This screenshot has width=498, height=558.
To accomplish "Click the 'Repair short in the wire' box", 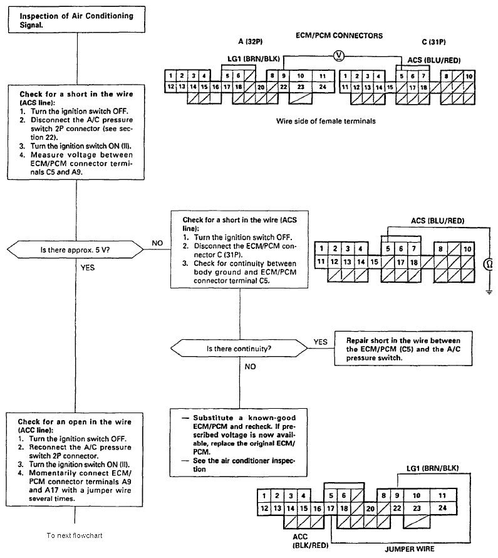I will [x=403, y=349].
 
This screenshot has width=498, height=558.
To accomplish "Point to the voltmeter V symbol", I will [x=339, y=55].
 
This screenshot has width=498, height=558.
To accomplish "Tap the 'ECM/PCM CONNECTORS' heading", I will [x=339, y=36].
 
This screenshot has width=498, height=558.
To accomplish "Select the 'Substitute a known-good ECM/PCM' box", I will [x=240, y=442].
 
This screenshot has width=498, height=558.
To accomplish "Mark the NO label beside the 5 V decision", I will [x=157, y=242].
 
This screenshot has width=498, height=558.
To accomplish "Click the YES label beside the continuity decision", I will [x=320, y=342].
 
